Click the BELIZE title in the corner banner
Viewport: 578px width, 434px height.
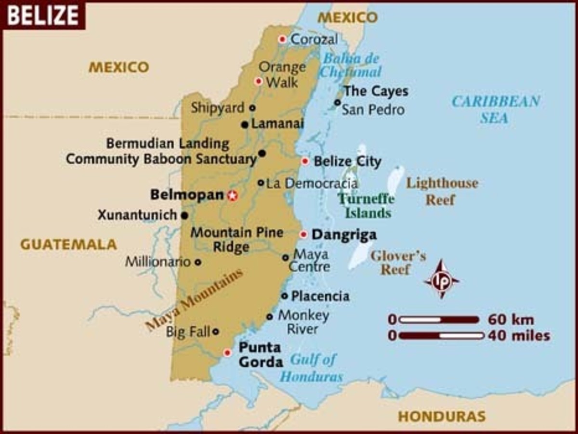43,15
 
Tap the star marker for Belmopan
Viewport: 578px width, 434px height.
233,196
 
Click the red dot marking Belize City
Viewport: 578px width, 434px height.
305,161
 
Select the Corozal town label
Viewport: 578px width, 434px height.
314,39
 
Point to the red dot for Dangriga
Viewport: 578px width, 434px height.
303,235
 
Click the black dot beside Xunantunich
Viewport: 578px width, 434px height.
184,215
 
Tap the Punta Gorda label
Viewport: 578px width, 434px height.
260,355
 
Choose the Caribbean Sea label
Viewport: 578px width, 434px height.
496,109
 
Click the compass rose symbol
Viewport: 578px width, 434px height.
441,279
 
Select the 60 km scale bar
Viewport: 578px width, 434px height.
439,319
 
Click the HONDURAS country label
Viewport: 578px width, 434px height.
442,416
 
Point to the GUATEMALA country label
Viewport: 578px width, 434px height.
68,245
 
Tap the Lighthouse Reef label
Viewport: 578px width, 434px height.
442,191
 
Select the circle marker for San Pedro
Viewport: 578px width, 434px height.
338,102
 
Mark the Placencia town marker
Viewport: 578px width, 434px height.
285,296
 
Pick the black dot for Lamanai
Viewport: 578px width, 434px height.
245,125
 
